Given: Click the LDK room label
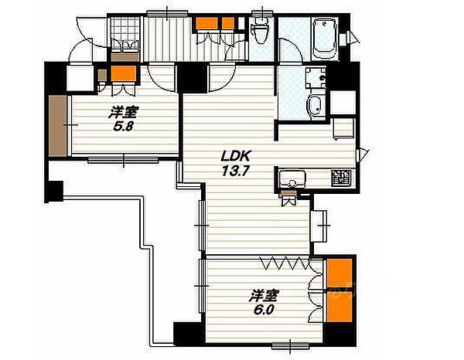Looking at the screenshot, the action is click(x=236, y=156).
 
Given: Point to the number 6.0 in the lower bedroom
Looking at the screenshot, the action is click(x=264, y=310).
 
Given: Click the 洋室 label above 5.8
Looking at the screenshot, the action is click(x=124, y=112).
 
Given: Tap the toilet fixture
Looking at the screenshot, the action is click(x=259, y=30).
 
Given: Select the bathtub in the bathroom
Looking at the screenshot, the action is click(x=325, y=39).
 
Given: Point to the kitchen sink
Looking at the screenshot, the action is click(x=292, y=179).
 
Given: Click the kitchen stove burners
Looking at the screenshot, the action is click(x=341, y=178).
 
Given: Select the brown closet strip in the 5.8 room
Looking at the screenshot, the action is click(x=57, y=125).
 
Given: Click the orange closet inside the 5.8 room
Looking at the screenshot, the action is click(x=124, y=73).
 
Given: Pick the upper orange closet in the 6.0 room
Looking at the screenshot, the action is click(x=339, y=273).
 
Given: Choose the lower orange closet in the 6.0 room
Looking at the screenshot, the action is click(x=339, y=307).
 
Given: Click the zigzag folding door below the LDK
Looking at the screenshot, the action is click(x=285, y=263).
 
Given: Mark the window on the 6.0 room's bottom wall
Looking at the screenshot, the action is click(x=290, y=345).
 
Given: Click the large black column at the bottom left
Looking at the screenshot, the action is click(x=189, y=334).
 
